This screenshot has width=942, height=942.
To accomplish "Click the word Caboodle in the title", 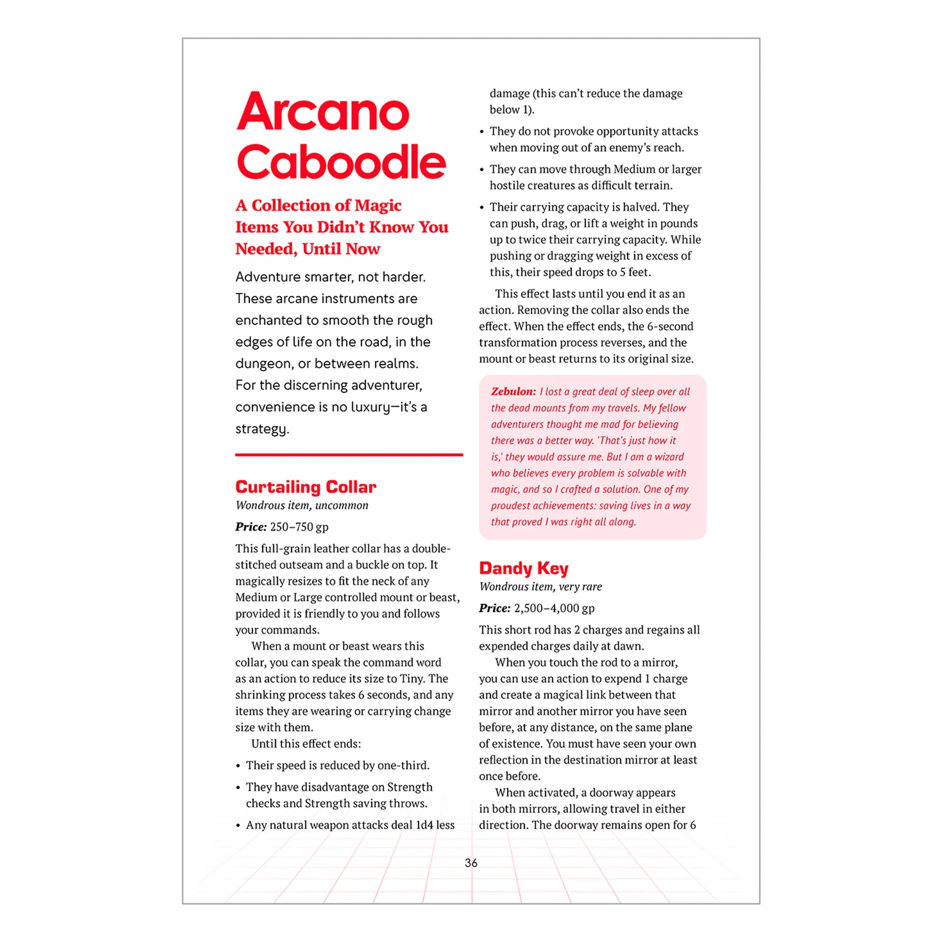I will tap(341, 162).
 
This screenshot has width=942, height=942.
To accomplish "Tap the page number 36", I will tap(471, 863).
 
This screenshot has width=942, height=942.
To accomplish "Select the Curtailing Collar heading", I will tap(306, 486).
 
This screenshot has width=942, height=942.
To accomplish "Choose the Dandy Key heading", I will tap(524, 568).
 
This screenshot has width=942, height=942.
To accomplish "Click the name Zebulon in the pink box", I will tap(513, 392).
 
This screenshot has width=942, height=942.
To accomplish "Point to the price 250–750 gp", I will tap(299, 527).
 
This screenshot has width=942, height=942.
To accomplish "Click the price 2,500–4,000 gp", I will tap(554, 608).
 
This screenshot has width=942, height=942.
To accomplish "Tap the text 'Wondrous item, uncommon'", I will tap(302, 505).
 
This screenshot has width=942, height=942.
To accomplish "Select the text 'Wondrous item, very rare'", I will tap(540, 587).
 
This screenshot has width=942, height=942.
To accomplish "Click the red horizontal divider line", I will tap(349, 455).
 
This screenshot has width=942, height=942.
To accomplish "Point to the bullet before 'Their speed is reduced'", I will tap(238, 766).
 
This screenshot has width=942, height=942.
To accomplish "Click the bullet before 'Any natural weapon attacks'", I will tap(238, 826).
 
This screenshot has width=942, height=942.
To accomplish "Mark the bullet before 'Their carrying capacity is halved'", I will tap(482, 208).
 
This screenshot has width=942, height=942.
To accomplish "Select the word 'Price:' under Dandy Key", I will tap(494, 608).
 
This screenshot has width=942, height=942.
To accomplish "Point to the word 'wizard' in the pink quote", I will tap(669, 457).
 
